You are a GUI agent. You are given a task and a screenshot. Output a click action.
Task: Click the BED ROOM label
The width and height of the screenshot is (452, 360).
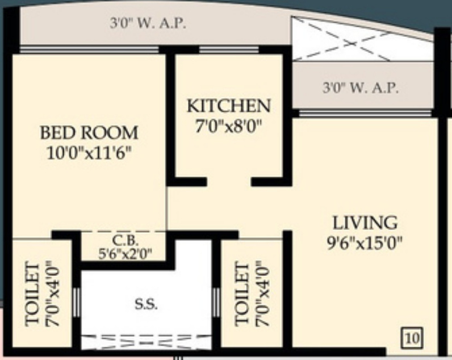point(89,133)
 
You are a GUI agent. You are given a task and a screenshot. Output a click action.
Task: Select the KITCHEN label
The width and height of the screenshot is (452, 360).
point(228,106)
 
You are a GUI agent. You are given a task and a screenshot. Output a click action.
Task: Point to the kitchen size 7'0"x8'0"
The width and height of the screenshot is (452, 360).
point(228,126)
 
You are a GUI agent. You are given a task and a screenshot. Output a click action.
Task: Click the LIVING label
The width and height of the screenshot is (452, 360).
point(365,222)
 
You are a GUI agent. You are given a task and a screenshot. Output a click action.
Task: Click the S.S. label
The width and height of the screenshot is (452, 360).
point(146,303)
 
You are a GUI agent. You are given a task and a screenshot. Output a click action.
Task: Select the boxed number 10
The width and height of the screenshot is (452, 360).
point(412,338)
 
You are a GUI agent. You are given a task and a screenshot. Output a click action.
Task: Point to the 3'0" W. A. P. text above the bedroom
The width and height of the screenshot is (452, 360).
point(148,24)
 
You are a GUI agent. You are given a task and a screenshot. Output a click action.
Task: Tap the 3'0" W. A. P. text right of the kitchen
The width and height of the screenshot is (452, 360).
point(360,89)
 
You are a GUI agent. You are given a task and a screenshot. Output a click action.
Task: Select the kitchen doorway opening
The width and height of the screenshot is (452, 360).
point(228,182)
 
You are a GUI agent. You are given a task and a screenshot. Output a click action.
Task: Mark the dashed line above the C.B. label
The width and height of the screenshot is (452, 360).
point(124,232)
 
